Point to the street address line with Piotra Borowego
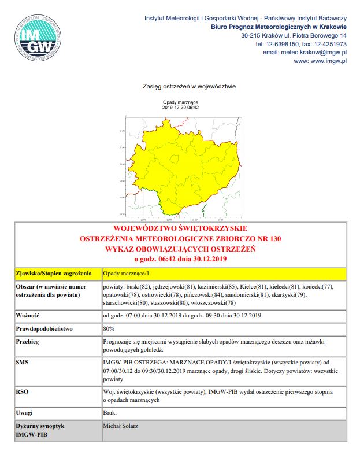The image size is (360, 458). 294,36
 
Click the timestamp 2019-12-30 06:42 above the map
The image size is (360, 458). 180,108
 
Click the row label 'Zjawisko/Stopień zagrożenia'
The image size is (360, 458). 51,273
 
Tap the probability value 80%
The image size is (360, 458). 108,328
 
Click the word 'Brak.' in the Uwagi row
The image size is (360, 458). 110,412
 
